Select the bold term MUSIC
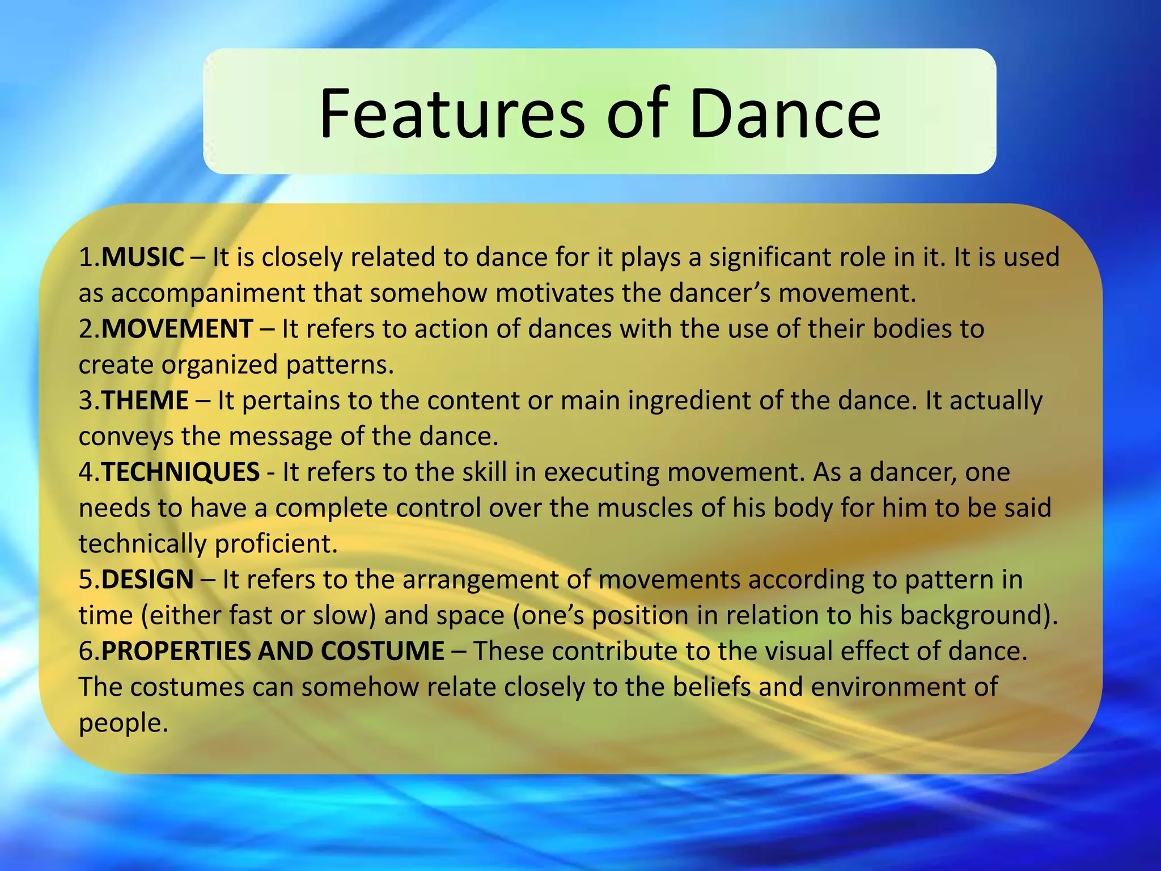click(x=143, y=257)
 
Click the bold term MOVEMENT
click(x=177, y=329)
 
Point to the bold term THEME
click(x=145, y=400)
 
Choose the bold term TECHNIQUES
click(x=180, y=472)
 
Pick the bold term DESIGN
click(x=147, y=580)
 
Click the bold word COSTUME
click(x=383, y=651)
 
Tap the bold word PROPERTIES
click(x=176, y=651)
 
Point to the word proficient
click(x=276, y=544)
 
